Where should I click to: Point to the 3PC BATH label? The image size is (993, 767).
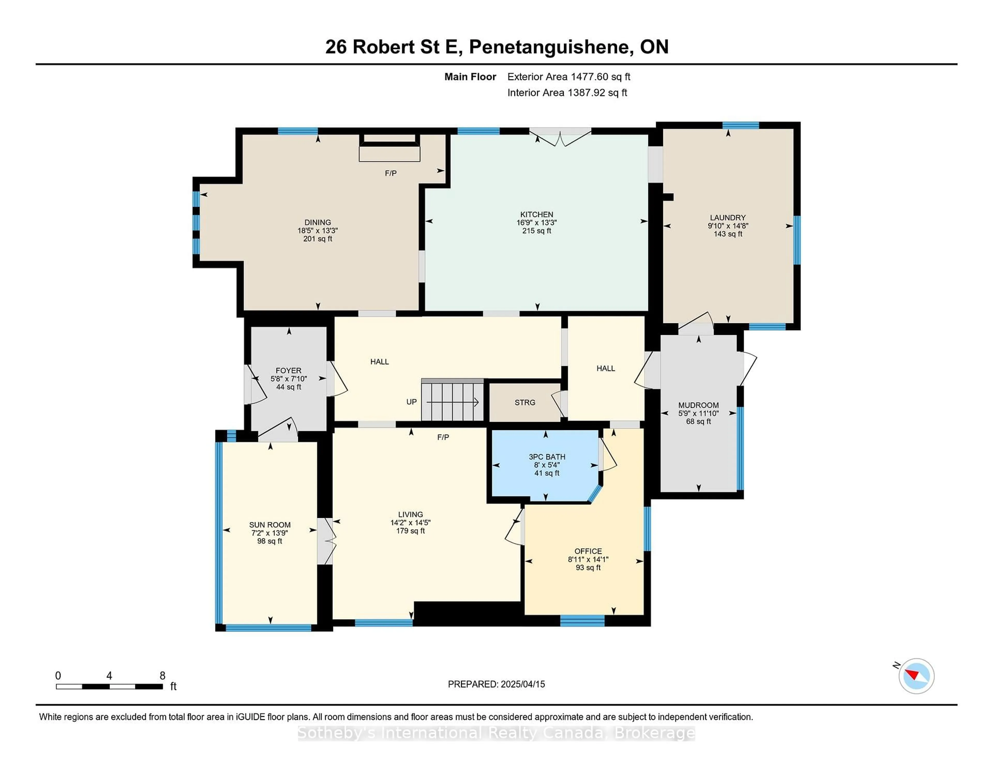click(546, 457)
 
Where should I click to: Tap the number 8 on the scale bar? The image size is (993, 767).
click(162, 676)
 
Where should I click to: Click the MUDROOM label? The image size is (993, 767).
click(698, 405)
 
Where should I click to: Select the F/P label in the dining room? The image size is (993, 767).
click(390, 173)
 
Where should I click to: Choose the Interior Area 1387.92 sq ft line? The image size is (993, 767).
click(567, 93)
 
